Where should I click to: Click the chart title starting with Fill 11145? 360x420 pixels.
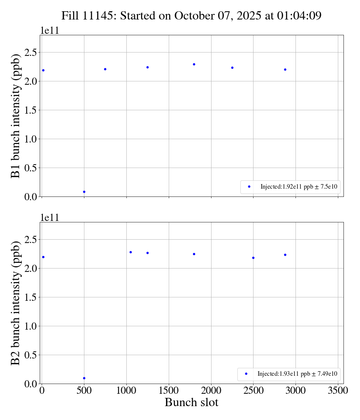(191, 15)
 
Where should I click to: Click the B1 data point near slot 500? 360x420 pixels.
(84, 192)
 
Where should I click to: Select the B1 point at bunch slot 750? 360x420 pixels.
(105, 69)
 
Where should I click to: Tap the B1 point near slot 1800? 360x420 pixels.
(194, 64)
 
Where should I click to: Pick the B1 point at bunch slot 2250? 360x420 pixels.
(232, 67)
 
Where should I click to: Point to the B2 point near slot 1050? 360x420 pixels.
(130, 252)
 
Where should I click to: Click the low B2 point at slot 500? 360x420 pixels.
(84, 378)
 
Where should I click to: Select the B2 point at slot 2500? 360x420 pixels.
(253, 258)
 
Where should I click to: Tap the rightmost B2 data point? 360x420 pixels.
(285, 255)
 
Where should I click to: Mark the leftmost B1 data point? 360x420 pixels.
(43, 70)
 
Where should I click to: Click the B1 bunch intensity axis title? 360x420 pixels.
(16, 116)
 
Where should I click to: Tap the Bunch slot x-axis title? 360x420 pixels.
(191, 402)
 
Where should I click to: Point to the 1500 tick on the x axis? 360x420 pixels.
(169, 391)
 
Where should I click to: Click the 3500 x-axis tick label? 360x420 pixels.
(338, 391)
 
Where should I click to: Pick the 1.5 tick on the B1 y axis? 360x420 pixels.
(31, 110)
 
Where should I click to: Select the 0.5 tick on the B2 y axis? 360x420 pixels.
(31, 355)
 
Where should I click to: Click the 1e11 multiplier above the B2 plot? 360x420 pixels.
(49, 218)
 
